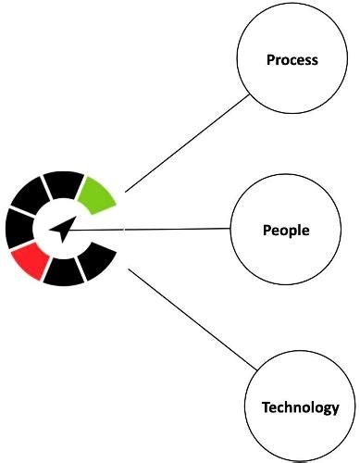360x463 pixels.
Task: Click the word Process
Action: pyautogui.click(x=292, y=60)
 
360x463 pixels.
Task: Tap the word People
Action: pyautogui.click(x=286, y=230)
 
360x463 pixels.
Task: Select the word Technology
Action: pyautogui.click(x=301, y=407)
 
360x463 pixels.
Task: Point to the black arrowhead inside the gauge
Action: pyautogui.click(x=61, y=229)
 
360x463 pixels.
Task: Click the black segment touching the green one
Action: pyautogui.click(x=63, y=184)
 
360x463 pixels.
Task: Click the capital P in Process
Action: pyautogui.click(x=270, y=60)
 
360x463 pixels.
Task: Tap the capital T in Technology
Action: pyautogui.click(x=266, y=407)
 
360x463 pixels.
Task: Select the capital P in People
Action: pyautogui.click(x=267, y=230)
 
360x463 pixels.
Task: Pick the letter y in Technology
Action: pyautogui.click(x=335, y=409)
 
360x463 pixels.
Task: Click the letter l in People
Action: pyautogui.click(x=301, y=230)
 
